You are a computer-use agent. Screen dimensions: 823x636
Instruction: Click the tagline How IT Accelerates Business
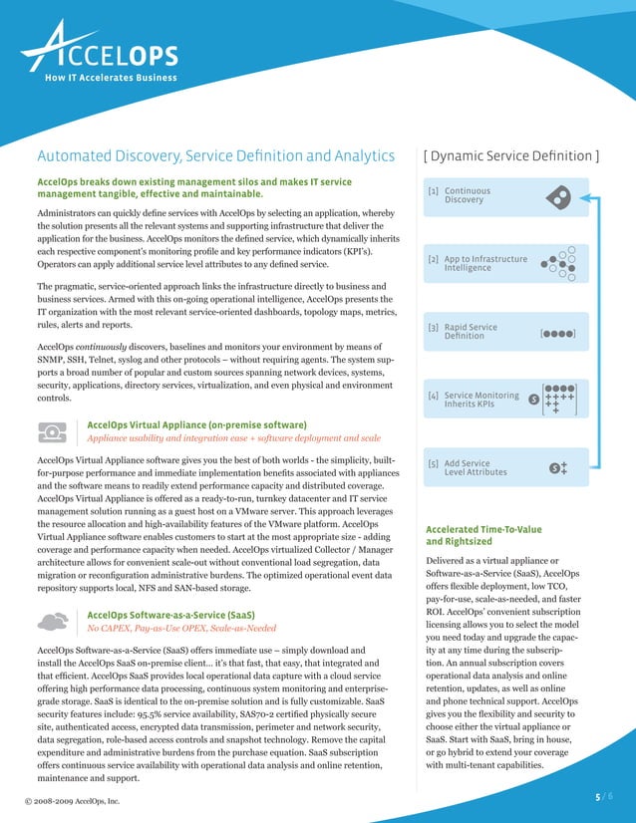(111, 78)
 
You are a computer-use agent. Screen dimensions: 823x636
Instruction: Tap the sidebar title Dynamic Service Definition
(511, 155)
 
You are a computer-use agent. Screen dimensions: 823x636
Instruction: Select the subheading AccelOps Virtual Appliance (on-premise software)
(196, 423)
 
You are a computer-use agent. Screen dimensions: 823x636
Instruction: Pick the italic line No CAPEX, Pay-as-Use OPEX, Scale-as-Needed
(181, 630)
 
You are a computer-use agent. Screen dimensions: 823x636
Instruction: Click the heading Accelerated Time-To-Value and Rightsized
(483, 536)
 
